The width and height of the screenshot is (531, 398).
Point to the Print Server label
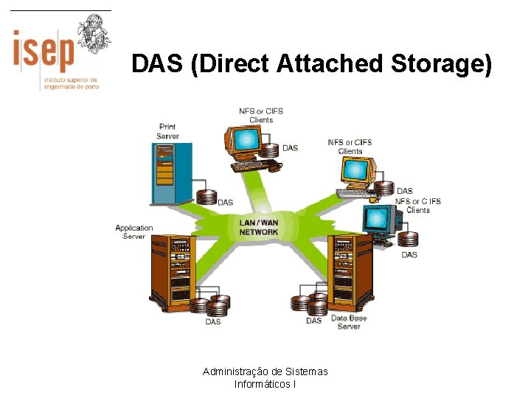click(167, 131)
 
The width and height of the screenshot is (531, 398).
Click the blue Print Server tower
click(171, 174)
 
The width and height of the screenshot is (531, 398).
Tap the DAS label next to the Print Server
click(225, 202)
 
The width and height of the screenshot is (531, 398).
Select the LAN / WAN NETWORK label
click(259, 227)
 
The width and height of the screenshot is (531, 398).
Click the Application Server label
click(133, 232)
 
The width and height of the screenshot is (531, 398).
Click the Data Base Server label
click(349, 322)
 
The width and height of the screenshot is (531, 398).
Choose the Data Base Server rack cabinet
click(350, 271)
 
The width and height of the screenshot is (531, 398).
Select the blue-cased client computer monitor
click(378, 218)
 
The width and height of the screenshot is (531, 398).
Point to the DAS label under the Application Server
click(213, 321)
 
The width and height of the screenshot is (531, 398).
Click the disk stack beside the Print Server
click(206, 197)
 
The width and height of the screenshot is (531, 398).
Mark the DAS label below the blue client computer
click(409, 255)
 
